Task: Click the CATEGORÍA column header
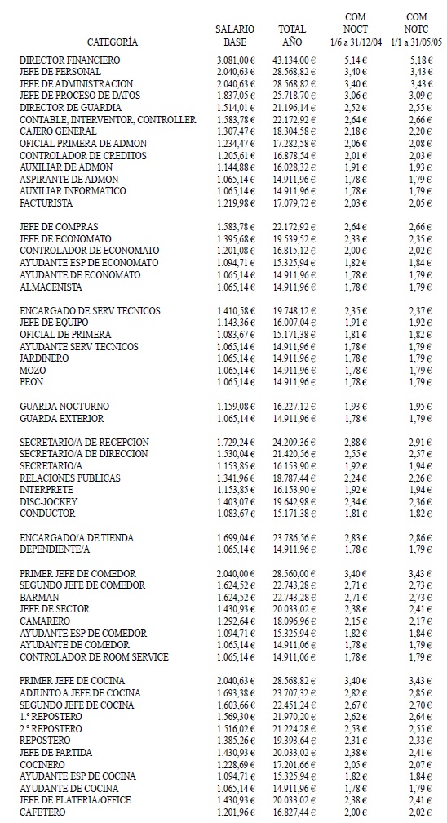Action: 112,41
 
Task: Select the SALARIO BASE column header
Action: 234,34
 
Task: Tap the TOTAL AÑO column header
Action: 292,34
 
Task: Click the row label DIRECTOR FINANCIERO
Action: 69,60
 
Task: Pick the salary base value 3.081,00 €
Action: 237,60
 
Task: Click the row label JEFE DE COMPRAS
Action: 56,226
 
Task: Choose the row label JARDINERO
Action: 45,358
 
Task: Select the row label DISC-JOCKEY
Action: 47,501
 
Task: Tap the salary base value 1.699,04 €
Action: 237,537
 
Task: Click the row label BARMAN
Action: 39,597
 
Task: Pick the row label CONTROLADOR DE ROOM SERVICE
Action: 93,657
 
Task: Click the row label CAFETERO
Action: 43,812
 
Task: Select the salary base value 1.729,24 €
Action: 237,442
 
